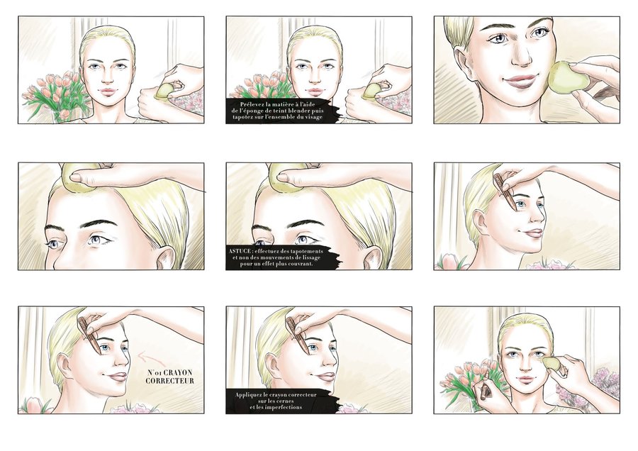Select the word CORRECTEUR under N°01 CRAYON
[x=169, y=381]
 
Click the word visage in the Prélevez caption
[x=314, y=117]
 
